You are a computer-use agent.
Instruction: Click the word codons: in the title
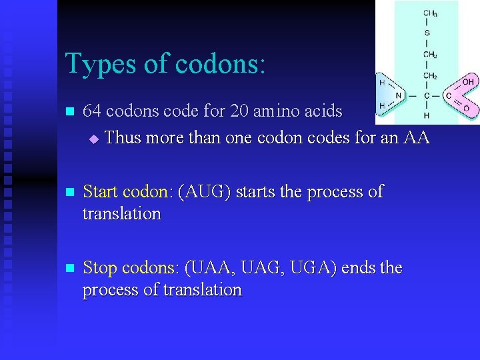click(221, 64)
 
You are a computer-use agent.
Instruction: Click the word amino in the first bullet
click(277, 111)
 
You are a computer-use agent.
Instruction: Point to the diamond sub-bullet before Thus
click(93, 139)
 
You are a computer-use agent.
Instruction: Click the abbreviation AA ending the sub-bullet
click(417, 138)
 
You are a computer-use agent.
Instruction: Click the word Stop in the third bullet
click(99, 268)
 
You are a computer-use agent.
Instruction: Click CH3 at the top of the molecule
click(430, 13)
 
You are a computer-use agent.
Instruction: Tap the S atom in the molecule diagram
click(427, 33)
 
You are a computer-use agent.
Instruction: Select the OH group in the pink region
click(468, 82)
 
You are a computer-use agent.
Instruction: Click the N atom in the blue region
click(399, 96)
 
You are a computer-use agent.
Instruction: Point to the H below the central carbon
click(427, 115)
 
